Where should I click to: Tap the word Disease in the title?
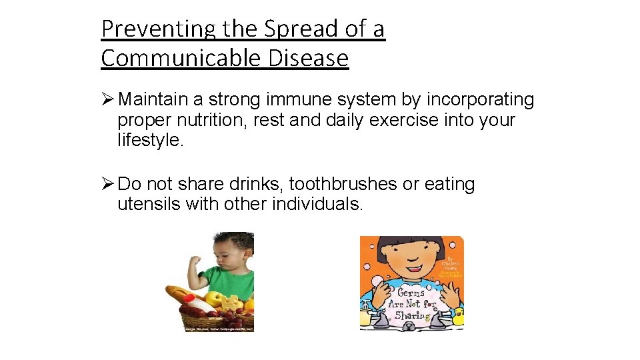point(309,59)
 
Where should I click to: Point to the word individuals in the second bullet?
point(317,204)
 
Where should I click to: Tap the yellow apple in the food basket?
point(213,299)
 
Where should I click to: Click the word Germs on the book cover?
point(412,293)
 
